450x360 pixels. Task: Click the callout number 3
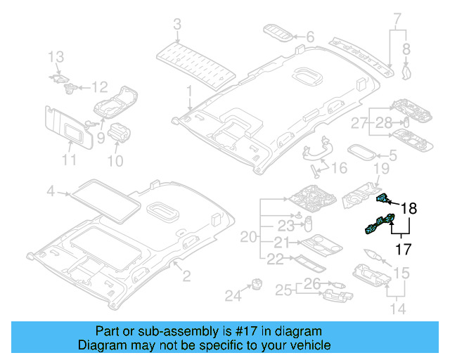(176, 25)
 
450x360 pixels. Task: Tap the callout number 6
(310, 36)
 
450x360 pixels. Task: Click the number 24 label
(232, 296)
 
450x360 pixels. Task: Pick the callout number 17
(401, 248)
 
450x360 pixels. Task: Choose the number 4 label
(51, 191)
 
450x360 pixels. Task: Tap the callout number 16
(339, 168)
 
